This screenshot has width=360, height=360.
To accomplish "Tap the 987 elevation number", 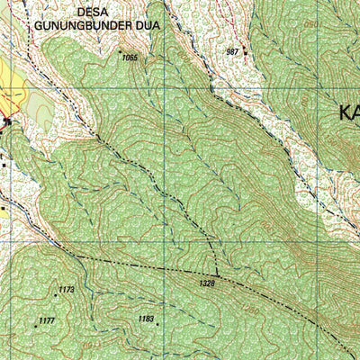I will [x=233, y=52].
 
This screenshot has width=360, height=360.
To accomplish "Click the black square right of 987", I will [x=244, y=52].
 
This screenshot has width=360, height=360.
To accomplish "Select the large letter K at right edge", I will [x=346, y=112].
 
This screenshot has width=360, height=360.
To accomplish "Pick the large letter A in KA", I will [x=357, y=112].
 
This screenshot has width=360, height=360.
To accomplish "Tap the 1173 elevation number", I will [x=66, y=290].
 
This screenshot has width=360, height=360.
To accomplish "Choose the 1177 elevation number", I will [x=48, y=320].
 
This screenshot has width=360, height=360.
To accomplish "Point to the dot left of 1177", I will [x=36, y=324].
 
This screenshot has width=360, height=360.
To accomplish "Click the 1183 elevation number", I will [x=147, y=319].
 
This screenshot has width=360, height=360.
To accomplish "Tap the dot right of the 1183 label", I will [x=157, y=323].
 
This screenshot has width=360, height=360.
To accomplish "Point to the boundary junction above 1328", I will [x=217, y=274].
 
